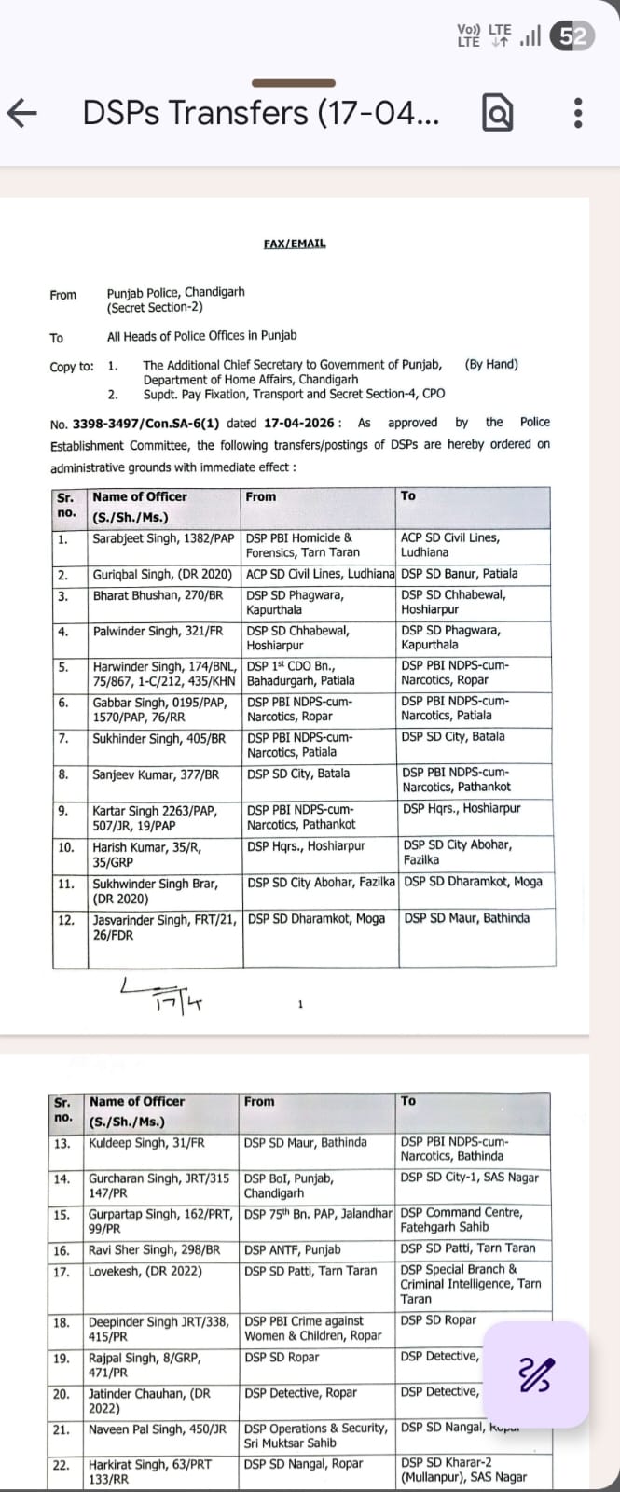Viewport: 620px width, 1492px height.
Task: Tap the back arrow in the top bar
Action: [22, 114]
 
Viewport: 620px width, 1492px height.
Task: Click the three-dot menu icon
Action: [578, 114]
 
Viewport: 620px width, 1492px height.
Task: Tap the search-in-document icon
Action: [497, 114]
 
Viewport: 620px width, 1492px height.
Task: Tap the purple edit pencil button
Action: [536, 1374]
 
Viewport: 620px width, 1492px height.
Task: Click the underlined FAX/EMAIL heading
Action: [295, 244]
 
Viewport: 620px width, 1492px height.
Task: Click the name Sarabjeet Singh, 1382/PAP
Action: [163, 538]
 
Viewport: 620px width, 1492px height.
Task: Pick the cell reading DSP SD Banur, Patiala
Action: [459, 574]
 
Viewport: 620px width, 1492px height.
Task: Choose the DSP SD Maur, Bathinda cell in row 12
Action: [466, 918]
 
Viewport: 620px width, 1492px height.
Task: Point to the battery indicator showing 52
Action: [572, 36]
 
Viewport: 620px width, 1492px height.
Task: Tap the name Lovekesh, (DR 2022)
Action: [145, 1271]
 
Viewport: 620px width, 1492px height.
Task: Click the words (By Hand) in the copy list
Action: [491, 365]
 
